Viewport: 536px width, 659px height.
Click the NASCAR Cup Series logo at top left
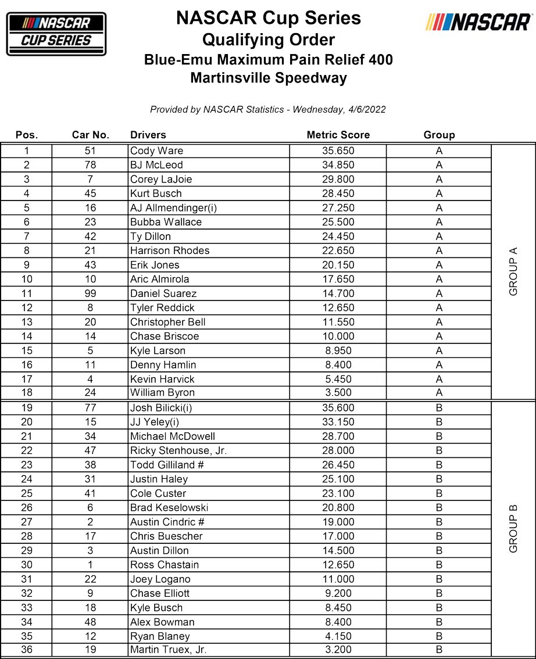click(56, 34)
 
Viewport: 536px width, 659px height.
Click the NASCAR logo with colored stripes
click(479, 23)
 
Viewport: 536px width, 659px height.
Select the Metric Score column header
click(338, 135)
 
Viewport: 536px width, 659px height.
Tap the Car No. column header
click(90, 135)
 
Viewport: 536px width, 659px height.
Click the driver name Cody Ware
click(156, 151)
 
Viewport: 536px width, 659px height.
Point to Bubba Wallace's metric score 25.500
click(338, 222)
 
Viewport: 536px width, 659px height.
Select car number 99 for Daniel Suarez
click(90, 293)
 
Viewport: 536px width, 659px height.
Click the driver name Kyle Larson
click(158, 350)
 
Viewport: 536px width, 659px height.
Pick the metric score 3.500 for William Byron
click(338, 393)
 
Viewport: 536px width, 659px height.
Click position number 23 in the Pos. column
click(27, 465)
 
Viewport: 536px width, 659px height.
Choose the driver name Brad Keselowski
click(169, 507)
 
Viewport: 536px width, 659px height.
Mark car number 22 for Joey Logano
click(90, 579)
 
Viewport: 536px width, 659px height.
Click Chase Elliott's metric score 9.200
click(338, 593)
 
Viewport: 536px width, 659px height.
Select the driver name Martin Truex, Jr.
click(168, 650)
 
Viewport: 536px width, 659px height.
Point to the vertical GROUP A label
click(513, 271)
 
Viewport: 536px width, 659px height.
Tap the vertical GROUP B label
click(513, 529)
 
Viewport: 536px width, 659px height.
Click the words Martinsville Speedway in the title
click(268, 78)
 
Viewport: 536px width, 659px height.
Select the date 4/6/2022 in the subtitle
click(366, 109)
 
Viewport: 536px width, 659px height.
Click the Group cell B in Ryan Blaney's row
click(439, 636)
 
